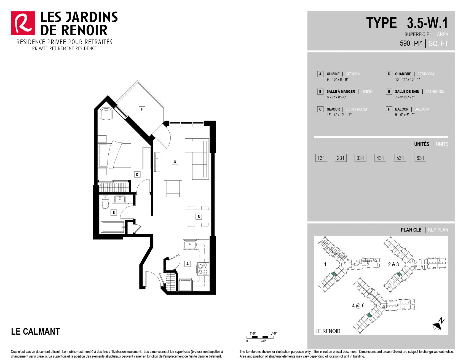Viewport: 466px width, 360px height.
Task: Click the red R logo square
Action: click(x=23, y=23)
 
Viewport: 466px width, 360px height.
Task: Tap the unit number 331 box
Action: click(x=360, y=158)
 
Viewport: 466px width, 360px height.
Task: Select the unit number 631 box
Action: click(x=420, y=158)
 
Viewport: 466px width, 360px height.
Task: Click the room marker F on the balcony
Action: click(x=142, y=109)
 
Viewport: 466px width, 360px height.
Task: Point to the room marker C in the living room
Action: click(x=175, y=162)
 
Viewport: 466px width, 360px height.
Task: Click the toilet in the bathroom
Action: click(x=105, y=203)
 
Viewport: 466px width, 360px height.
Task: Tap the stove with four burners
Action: click(x=203, y=269)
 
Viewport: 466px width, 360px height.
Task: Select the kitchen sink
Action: click(x=190, y=245)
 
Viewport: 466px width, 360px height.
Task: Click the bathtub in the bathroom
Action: click(x=113, y=227)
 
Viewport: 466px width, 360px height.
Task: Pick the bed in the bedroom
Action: click(x=115, y=155)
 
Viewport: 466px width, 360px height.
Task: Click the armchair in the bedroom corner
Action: click(x=106, y=113)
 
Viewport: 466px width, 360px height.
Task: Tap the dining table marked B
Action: click(x=198, y=217)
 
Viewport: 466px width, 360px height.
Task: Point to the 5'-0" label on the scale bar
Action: click(x=274, y=333)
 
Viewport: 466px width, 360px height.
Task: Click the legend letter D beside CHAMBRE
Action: click(x=389, y=74)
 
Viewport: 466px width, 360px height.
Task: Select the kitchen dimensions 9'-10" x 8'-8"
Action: click(x=337, y=80)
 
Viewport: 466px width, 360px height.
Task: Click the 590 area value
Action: click(x=405, y=43)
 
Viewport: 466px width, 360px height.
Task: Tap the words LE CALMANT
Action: click(x=36, y=331)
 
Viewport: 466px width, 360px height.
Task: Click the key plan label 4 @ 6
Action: click(x=358, y=306)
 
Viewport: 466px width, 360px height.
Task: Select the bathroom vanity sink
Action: click(x=120, y=199)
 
